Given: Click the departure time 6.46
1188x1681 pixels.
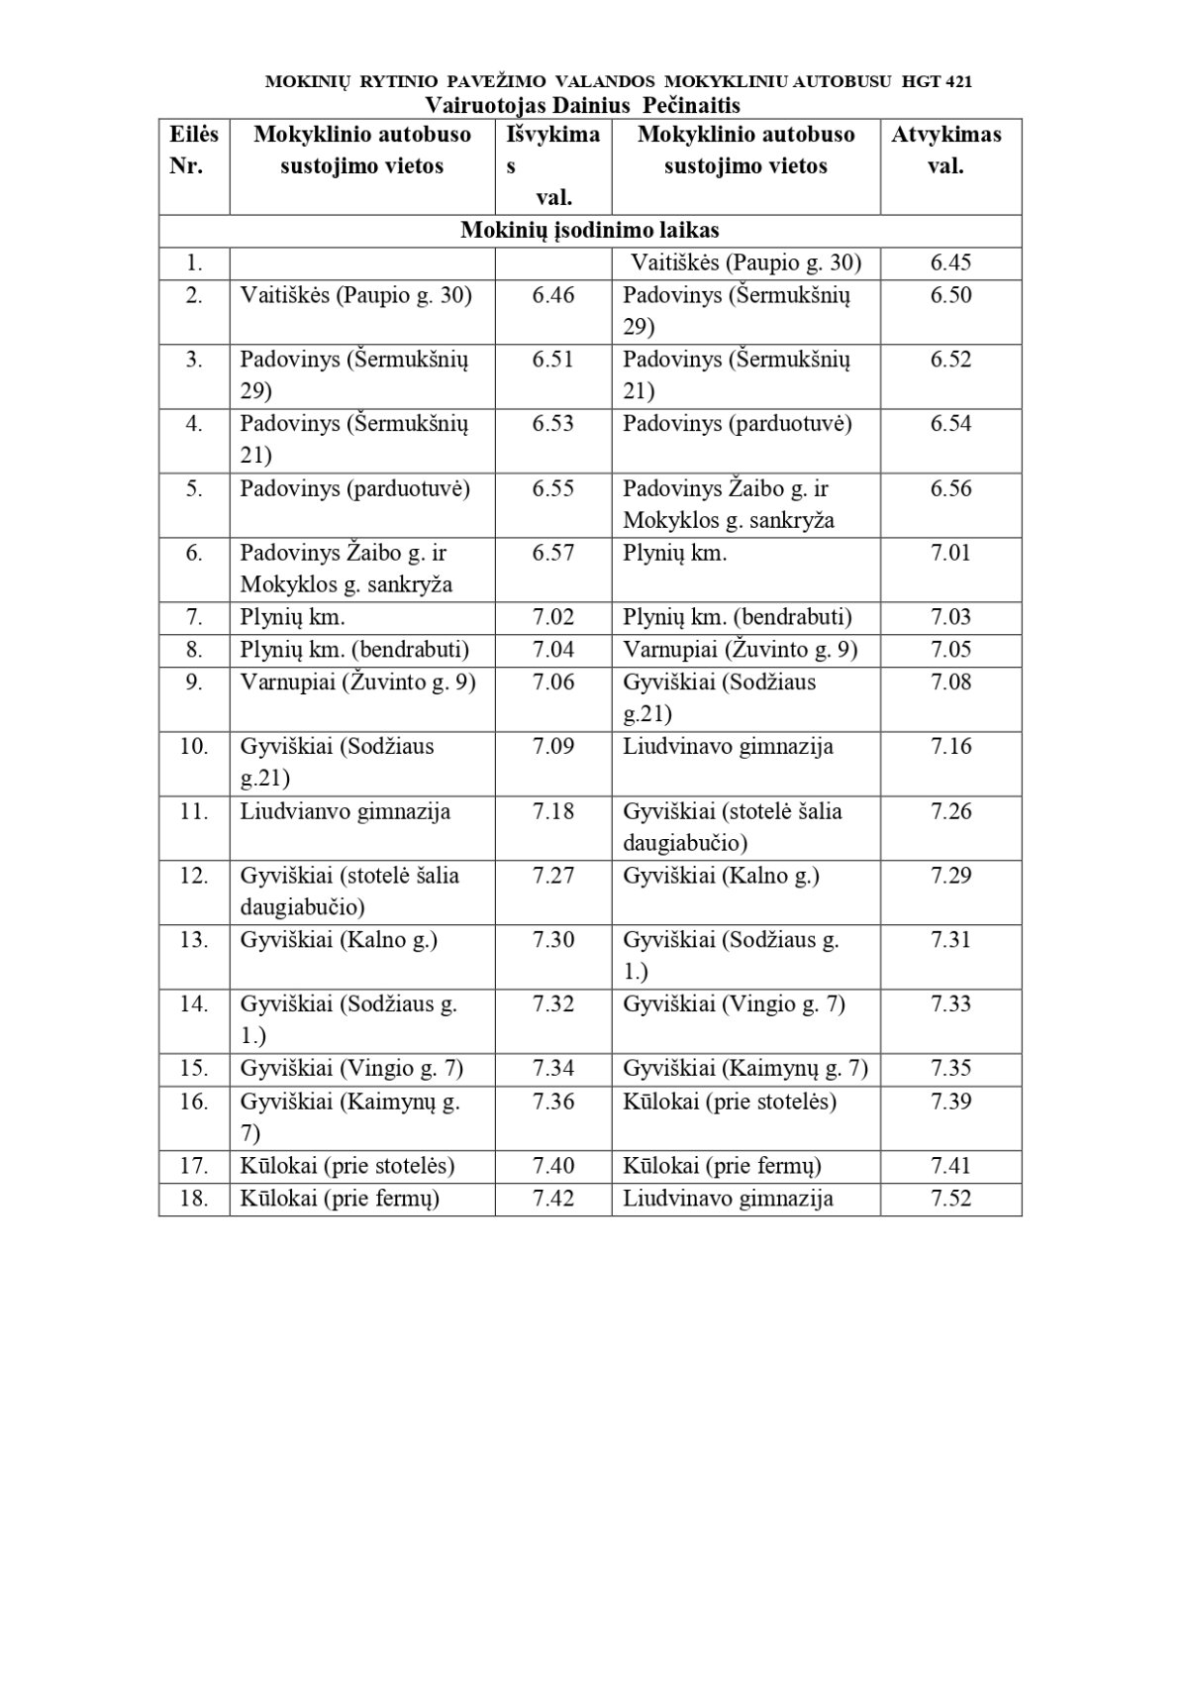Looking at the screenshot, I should point(552,295).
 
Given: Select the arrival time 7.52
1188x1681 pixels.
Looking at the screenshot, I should point(950,1199).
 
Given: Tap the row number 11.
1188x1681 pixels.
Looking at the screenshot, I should point(194,811).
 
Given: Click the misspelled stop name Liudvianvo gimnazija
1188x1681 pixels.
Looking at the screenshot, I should point(345,811).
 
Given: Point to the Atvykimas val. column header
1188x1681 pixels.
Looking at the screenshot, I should point(945,150).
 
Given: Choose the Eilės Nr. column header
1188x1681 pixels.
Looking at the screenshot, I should point(194,150).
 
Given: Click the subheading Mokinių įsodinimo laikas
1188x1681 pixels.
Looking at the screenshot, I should point(590,231).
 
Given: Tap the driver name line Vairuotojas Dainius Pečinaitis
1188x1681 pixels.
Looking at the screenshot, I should point(583,105).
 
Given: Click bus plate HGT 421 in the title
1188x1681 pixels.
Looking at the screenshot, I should point(937,82).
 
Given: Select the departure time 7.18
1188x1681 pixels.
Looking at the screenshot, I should point(552,811).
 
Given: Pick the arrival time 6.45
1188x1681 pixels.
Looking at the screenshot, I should point(950,263).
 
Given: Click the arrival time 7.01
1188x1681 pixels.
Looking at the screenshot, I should point(950,553).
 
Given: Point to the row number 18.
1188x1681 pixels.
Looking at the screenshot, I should point(194,1199).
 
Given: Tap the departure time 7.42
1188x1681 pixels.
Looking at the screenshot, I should point(552,1199).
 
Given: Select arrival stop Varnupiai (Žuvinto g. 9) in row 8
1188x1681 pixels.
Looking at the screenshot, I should point(740,650).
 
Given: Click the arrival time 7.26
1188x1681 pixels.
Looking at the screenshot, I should point(950,811).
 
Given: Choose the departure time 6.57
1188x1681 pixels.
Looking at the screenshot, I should point(552,553).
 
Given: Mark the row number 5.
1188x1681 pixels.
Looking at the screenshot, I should point(194,488).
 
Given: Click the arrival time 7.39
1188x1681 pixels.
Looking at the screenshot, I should point(950,1102).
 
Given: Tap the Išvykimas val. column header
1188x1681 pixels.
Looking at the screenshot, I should point(552,165).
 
